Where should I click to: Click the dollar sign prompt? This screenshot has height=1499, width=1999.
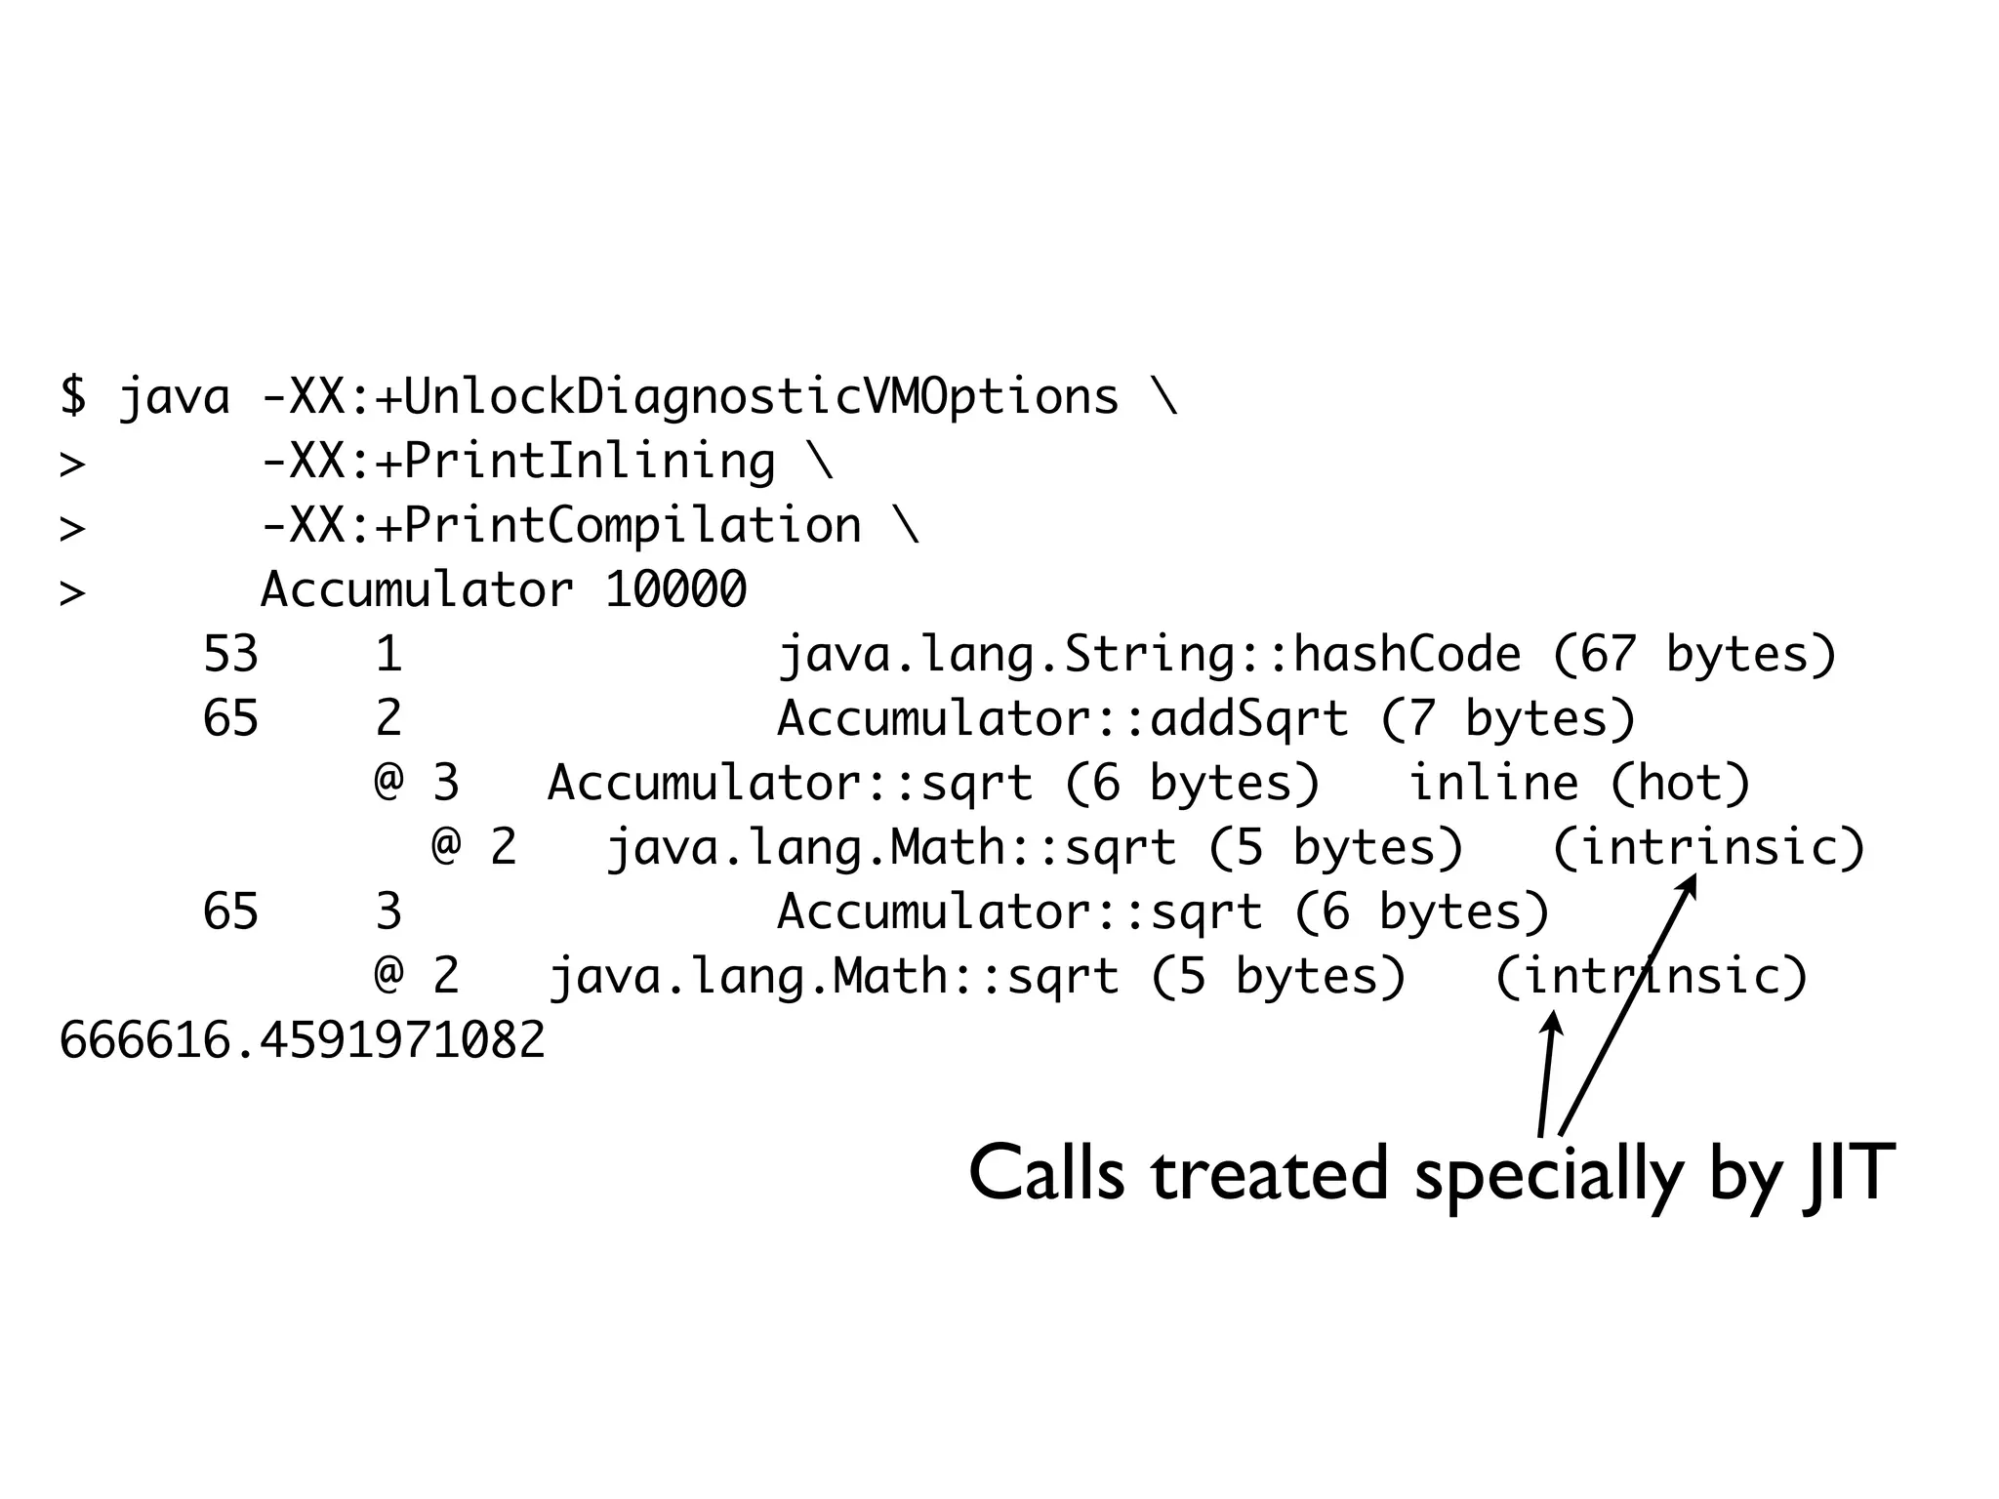pyautogui.click(x=73, y=396)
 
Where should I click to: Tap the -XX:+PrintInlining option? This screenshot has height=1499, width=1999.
pyautogui.click(x=518, y=462)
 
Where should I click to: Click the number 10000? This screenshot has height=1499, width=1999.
pyautogui.click(x=675, y=590)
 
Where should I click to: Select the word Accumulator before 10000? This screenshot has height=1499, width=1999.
pyautogui.click(x=417, y=590)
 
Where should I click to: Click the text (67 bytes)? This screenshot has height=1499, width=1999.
pyautogui.click(x=1694, y=655)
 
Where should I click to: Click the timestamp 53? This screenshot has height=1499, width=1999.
pyautogui.click(x=230, y=655)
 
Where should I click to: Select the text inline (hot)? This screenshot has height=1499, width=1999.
pyautogui.click(x=1580, y=784)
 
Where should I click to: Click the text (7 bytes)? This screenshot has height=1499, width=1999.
pyautogui.click(x=1508, y=719)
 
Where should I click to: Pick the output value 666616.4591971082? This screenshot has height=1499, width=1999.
pyautogui.click(x=303, y=1040)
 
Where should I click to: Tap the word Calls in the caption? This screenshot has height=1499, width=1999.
pyautogui.click(x=1046, y=1173)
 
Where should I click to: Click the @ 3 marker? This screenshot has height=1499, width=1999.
pyautogui.click(x=417, y=784)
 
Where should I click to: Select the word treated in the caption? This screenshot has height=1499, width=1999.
pyautogui.click(x=1269, y=1173)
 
